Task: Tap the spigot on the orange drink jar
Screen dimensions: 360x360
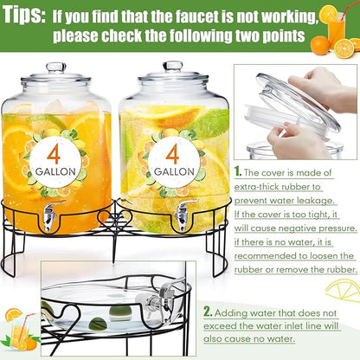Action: pos(50,215)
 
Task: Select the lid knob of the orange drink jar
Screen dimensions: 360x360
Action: pos(56,67)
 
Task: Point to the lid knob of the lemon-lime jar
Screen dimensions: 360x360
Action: pos(173,67)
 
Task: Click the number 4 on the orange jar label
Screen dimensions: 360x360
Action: pos(54,154)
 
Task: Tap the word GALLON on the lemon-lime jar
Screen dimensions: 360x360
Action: pos(174,171)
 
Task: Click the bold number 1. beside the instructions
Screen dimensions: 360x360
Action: pos(238,171)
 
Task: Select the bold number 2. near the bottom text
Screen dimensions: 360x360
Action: pos(208,312)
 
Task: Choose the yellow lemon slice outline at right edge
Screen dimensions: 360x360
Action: pos(344,292)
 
